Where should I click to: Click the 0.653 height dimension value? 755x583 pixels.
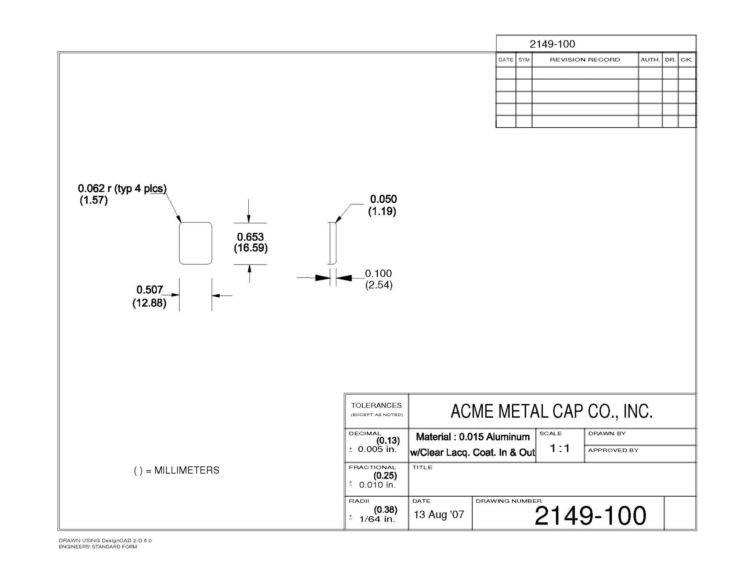pos(250,237)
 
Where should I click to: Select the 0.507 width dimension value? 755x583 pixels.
pos(149,290)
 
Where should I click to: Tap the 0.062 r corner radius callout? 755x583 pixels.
pos(122,188)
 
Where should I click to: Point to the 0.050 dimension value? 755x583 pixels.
pos(383,199)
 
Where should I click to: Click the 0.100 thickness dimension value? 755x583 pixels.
pos(378,274)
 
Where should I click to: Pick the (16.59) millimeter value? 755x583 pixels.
pos(251,248)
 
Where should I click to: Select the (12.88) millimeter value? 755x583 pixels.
pos(149,303)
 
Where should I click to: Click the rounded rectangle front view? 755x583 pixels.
pos(196,243)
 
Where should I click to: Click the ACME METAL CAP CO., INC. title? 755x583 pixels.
pos(552,411)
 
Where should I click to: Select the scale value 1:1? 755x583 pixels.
pos(559,448)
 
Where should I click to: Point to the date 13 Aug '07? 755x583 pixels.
pos(439,515)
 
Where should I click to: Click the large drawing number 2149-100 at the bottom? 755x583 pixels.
pos(590,516)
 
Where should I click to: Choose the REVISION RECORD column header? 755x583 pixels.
pos(585,60)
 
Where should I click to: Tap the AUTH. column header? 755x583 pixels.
pos(650,60)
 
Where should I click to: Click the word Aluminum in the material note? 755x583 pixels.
pos(508,437)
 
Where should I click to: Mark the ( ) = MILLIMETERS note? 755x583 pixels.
pos(177,471)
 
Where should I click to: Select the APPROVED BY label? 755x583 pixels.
pos(613,450)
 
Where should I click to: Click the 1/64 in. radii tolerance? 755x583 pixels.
pos(377,519)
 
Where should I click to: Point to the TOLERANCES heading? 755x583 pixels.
pos(376,406)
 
